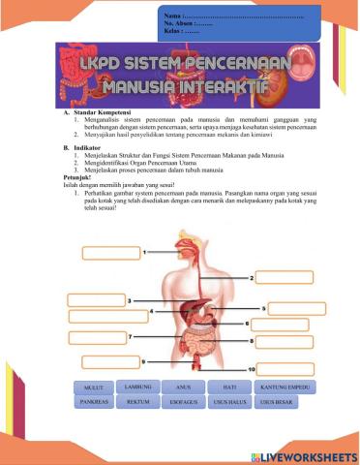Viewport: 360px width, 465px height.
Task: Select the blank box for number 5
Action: (295, 308)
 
